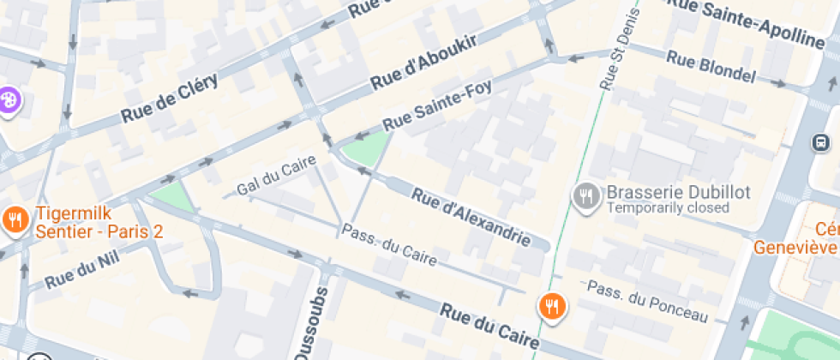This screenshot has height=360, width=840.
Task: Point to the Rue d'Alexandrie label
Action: click(x=471, y=218)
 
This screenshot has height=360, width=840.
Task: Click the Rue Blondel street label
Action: click(x=711, y=68)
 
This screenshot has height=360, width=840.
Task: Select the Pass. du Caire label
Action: click(x=389, y=244)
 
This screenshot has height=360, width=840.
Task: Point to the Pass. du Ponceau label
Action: click(x=648, y=300)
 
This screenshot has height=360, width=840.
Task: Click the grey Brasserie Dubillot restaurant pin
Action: click(x=585, y=196)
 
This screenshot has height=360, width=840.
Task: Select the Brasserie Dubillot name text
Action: click(x=678, y=192)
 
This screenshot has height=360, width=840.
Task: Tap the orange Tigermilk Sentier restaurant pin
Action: click(x=15, y=220)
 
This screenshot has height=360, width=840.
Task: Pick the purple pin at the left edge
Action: click(x=9, y=100)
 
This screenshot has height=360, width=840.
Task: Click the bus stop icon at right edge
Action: click(x=821, y=142)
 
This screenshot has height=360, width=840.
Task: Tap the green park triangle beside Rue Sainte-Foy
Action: click(x=363, y=150)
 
